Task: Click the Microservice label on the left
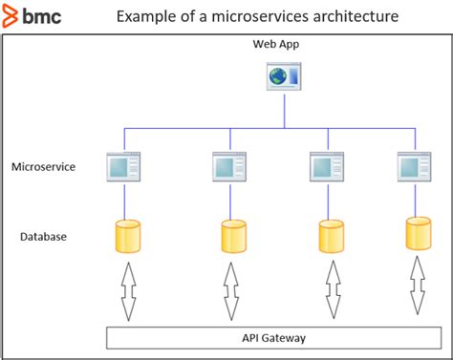click(43, 167)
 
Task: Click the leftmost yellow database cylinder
click(127, 236)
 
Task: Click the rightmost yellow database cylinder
click(418, 233)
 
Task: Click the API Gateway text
click(273, 337)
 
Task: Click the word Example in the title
click(144, 18)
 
